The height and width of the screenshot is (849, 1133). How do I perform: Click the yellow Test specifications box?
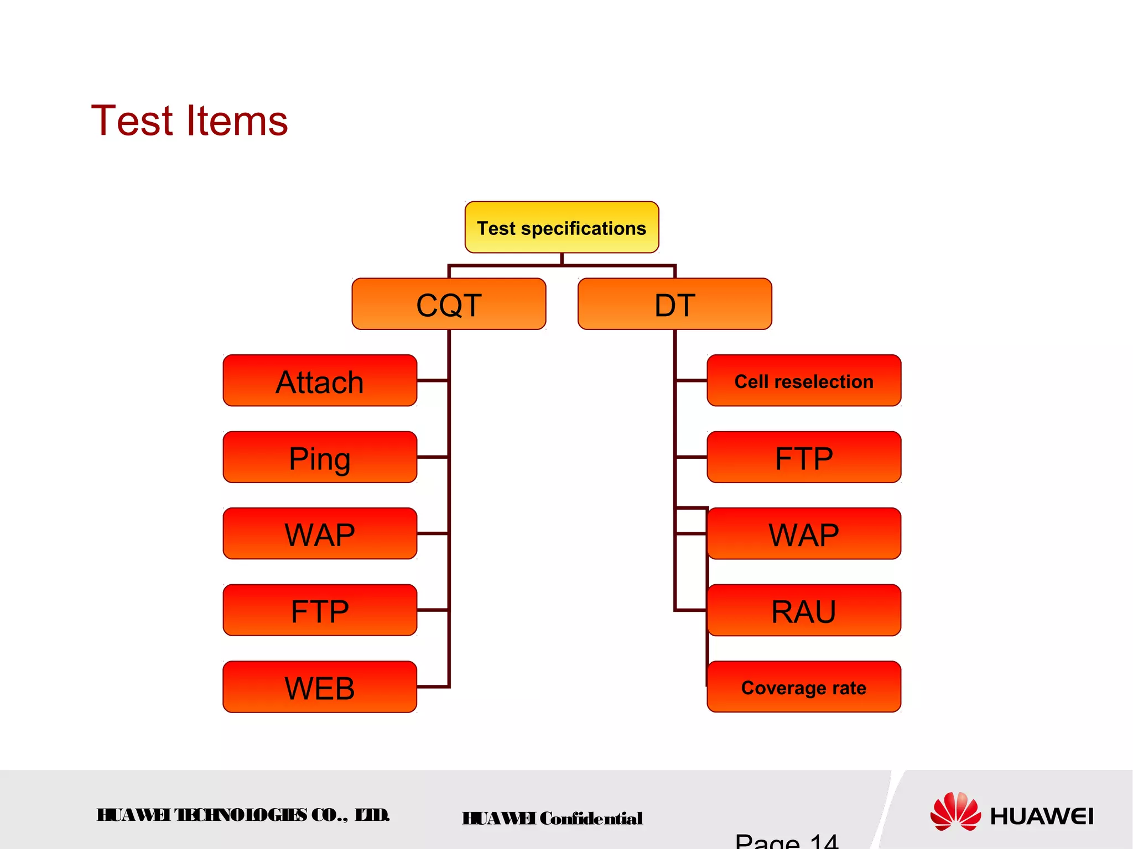562,227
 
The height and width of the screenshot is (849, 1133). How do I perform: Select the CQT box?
449,304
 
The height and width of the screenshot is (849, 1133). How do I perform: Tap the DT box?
674,304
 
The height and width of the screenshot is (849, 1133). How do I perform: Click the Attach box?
320,381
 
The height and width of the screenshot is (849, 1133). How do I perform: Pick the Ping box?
320,457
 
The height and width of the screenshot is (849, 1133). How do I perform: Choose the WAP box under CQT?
320,534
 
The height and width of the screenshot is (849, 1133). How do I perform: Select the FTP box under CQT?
320,610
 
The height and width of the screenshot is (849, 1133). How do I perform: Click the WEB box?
320,687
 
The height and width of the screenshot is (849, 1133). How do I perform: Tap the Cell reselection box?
804,381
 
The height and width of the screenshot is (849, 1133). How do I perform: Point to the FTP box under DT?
804,457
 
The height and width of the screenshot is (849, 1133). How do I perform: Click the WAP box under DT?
804,534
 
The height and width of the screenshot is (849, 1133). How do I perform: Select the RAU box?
804,610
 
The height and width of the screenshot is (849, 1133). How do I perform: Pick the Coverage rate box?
804,687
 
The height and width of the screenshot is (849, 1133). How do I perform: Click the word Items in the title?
237,120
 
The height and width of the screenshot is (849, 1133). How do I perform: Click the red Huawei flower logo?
955,811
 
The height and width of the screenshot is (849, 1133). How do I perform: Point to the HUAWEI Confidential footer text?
552,818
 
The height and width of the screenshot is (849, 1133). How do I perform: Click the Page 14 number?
786,841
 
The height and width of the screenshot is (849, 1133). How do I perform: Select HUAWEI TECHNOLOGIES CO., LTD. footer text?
243,815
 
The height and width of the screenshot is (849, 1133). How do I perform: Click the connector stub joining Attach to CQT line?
433,381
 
